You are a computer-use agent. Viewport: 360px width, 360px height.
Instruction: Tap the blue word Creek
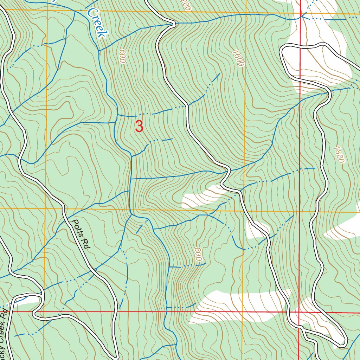[97, 23]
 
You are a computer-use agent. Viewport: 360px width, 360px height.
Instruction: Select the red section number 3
[139, 127]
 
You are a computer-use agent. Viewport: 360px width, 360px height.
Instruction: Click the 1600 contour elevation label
[238, 58]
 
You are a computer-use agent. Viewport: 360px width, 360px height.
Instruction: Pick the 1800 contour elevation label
[338, 154]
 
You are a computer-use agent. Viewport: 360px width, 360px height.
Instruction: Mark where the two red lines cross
[299, 312]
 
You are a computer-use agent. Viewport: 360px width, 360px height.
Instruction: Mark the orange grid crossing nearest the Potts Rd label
[46, 208]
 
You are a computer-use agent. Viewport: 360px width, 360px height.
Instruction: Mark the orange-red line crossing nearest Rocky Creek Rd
[44, 311]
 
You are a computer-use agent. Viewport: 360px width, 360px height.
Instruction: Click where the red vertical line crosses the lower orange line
[300, 212]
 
